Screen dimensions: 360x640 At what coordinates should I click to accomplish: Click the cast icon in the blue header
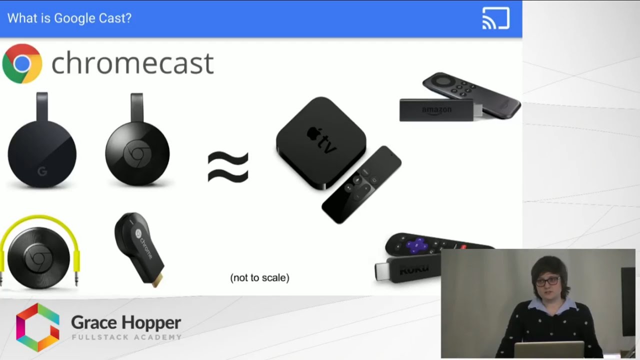pos(495,18)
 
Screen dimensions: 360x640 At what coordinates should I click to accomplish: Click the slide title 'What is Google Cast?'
pos(69,18)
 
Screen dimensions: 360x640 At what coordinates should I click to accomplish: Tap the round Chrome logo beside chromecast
pos(22,63)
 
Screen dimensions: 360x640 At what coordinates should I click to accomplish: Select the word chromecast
pos(132,63)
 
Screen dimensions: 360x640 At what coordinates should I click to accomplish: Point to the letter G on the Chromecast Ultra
pos(42,172)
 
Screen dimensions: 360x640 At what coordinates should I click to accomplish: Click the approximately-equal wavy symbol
pos(228,167)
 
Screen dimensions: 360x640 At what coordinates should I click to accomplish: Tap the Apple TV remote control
pos(361,184)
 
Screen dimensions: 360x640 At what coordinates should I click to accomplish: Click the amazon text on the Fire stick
pos(436,109)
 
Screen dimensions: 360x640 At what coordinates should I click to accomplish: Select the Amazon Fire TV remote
pos(470,94)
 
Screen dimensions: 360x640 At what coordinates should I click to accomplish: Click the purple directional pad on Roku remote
pos(416,245)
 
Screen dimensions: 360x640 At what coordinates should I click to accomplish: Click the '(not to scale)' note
pos(259,277)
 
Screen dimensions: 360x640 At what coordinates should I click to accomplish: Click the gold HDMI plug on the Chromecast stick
pos(157,280)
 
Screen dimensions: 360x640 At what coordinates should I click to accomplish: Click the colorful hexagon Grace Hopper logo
pos(37,327)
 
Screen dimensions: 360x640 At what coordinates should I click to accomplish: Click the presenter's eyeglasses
pos(547,281)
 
